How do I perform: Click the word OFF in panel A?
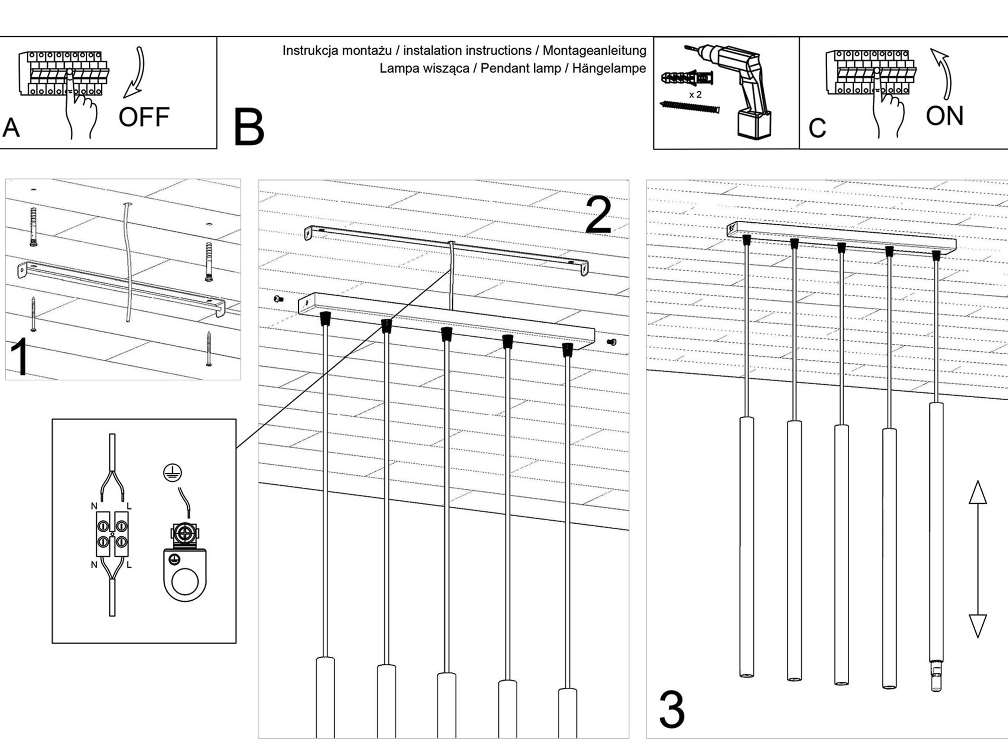(144, 117)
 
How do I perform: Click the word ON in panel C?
(944, 116)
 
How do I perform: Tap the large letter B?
(248, 128)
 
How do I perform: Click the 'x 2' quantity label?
(695, 95)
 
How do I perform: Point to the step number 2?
(599, 216)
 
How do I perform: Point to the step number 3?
(672, 710)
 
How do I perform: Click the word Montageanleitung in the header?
(594, 50)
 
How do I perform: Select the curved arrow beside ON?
(943, 74)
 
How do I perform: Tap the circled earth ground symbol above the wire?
(172, 472)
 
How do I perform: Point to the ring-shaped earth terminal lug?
(184, 575)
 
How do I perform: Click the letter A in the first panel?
(11, 128)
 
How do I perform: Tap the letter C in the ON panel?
(817, 129)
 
